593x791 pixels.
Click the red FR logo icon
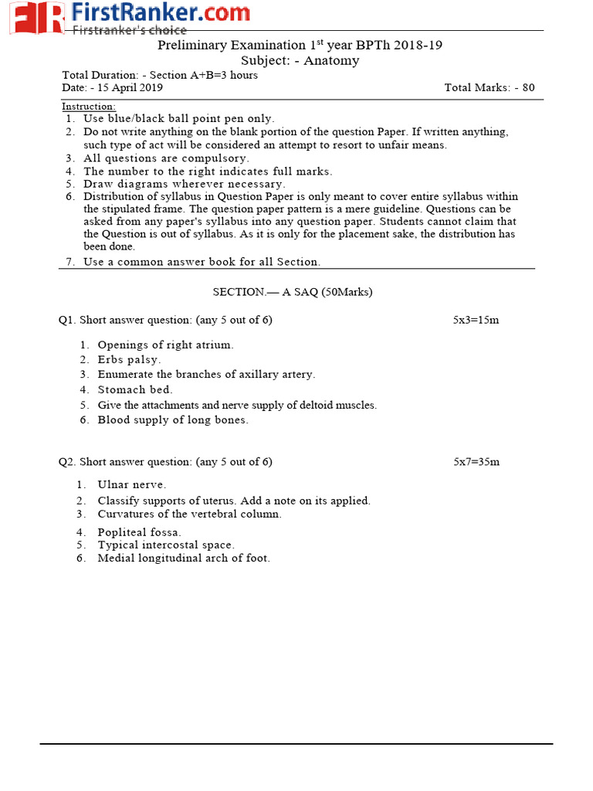point(36,17)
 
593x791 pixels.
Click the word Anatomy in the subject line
point(331,60)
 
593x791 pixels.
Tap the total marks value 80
point(528,87)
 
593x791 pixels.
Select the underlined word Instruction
point(89,106)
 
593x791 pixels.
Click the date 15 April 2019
point(130,87)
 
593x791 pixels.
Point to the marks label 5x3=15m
point(476,320)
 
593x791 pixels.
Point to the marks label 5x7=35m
point(476,462)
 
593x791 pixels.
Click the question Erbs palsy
point(129,360)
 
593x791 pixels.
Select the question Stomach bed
point(135,390)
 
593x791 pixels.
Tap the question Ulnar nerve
point(131,484)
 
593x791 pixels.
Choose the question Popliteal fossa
point(140,532)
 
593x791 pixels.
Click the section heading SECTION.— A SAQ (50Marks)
point(293,292)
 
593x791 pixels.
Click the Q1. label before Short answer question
point(67,320)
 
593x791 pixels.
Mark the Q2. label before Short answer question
point(67,462)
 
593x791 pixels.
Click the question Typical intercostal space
point(166,545)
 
